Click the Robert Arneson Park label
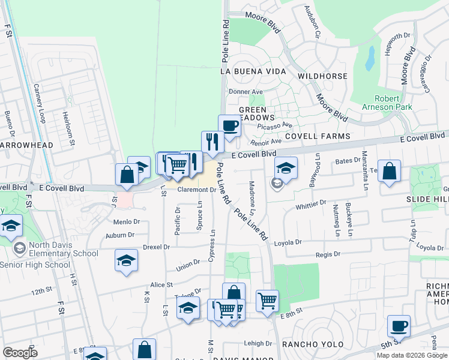point(393,103)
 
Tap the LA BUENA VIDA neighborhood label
point(250,71)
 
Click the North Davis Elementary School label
point(49,253)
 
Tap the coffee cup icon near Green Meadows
point(229,126)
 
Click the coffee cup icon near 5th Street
point(399,326)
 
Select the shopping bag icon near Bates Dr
point(390,170)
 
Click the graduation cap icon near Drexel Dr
point(126,260)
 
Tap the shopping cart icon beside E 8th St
point(267,300)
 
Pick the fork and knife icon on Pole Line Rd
point(212,142)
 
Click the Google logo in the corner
point(20,352)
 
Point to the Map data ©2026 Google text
point(412,355)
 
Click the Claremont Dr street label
point(197,190)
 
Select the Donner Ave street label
point(246,92)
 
